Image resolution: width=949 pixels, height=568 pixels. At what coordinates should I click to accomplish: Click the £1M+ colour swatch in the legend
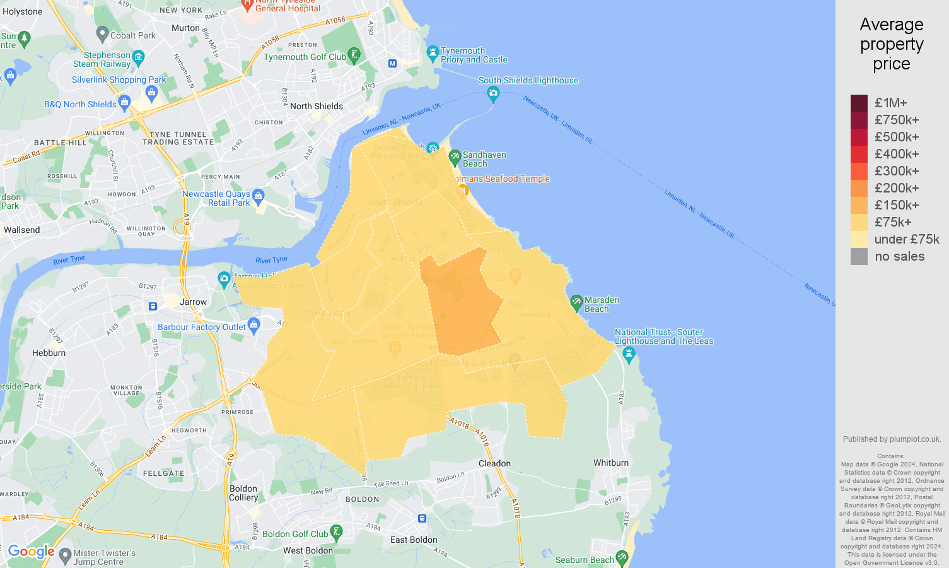tap(859, 103)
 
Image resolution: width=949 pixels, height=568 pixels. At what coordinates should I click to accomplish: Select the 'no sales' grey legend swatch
tap(859, 256)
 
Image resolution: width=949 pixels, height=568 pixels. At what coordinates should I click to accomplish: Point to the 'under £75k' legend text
tap(907, 239)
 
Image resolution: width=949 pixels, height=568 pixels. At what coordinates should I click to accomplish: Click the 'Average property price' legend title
tap(892, 44)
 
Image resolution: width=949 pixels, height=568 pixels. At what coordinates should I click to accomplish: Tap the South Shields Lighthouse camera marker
tap(493, 94)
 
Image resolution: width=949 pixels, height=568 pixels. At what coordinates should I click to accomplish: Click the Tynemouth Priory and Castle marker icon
tap(433, 53)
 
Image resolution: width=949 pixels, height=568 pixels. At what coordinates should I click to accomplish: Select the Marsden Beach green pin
tap(576, 302)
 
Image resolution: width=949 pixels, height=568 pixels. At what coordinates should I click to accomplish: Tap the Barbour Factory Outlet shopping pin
tap(254, 326)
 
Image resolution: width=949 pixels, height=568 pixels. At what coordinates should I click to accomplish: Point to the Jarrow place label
tap(193, 302)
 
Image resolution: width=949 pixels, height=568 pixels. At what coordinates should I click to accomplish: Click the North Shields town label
tap(317, 106)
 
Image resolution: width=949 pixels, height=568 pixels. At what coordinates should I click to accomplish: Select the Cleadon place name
tap(494, 463)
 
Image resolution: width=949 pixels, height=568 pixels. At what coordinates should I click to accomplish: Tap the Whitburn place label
tap(610, 463)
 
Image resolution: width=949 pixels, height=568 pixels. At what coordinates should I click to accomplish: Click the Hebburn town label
tap(49, 353)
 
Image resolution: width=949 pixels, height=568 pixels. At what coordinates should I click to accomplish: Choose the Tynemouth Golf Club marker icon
tap(354, 56)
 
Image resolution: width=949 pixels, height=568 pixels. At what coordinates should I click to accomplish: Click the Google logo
tap(32, 552)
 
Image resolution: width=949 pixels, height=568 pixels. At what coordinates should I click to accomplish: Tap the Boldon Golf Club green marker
tap(337, 533)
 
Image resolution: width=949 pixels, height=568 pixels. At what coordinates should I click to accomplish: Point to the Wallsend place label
tap(21, 230)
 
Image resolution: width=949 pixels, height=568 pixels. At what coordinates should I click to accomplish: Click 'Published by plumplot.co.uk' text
tap(892, 439)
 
